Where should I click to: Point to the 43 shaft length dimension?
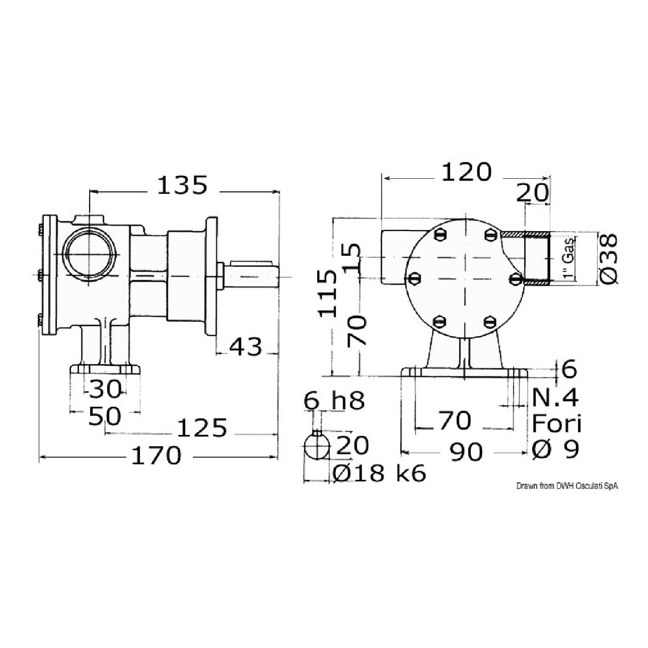tap(246, 347)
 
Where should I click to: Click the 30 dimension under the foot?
tap(105, 389)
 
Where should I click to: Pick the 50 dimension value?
tap(105, 416)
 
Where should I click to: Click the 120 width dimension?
tap(465, 172)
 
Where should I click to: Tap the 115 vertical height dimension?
tap(328, 294)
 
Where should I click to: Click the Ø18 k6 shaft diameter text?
tap(379, 473)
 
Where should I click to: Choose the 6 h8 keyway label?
tap(334, 400)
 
